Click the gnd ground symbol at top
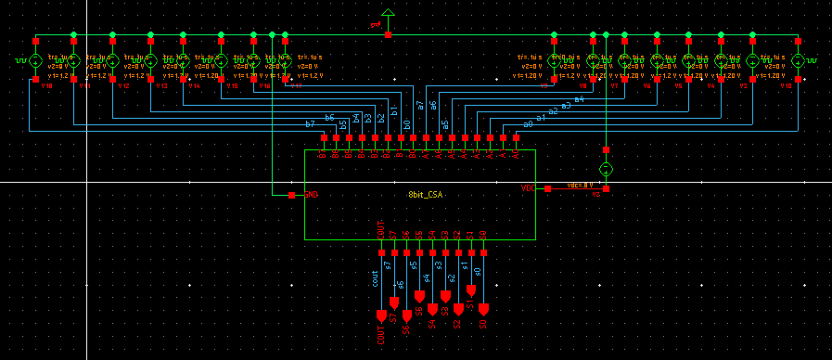pos(388,16)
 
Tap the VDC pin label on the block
pos(528,188)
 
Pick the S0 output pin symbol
pos(483,308)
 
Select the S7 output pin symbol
pos(394,302)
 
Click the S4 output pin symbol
pos(432,308)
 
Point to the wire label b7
pos(310,123)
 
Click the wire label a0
pos(528,122)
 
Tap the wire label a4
pos(579,98)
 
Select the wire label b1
pos(394,111)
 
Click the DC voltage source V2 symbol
pos(606,169)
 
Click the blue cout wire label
pos(375,278)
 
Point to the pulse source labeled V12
pos(112,61)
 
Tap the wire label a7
pos(420,105)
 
